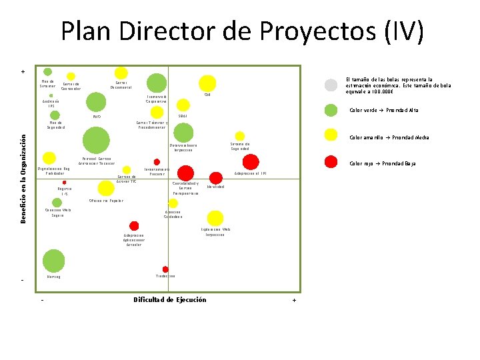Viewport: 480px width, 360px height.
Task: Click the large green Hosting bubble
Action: (x=53, y=261)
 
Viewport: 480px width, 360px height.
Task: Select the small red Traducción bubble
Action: (x=165, y=269)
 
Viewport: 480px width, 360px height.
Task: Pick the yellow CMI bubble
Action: (x=207, y=83)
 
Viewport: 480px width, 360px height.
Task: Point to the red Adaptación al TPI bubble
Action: (x=251, y=161)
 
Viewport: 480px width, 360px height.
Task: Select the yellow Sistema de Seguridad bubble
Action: (x=240, y=136)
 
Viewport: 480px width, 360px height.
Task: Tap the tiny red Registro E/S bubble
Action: (x=65, y=182)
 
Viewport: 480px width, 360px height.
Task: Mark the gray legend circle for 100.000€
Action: (x=331, y=85)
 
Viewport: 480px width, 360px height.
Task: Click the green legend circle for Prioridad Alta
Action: (x=331, y=110)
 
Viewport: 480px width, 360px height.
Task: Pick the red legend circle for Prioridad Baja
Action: (x=331, y=161)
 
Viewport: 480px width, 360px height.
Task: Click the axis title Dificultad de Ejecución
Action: (x=170, y=300)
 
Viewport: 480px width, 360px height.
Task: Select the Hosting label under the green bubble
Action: (x=53, y=277)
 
